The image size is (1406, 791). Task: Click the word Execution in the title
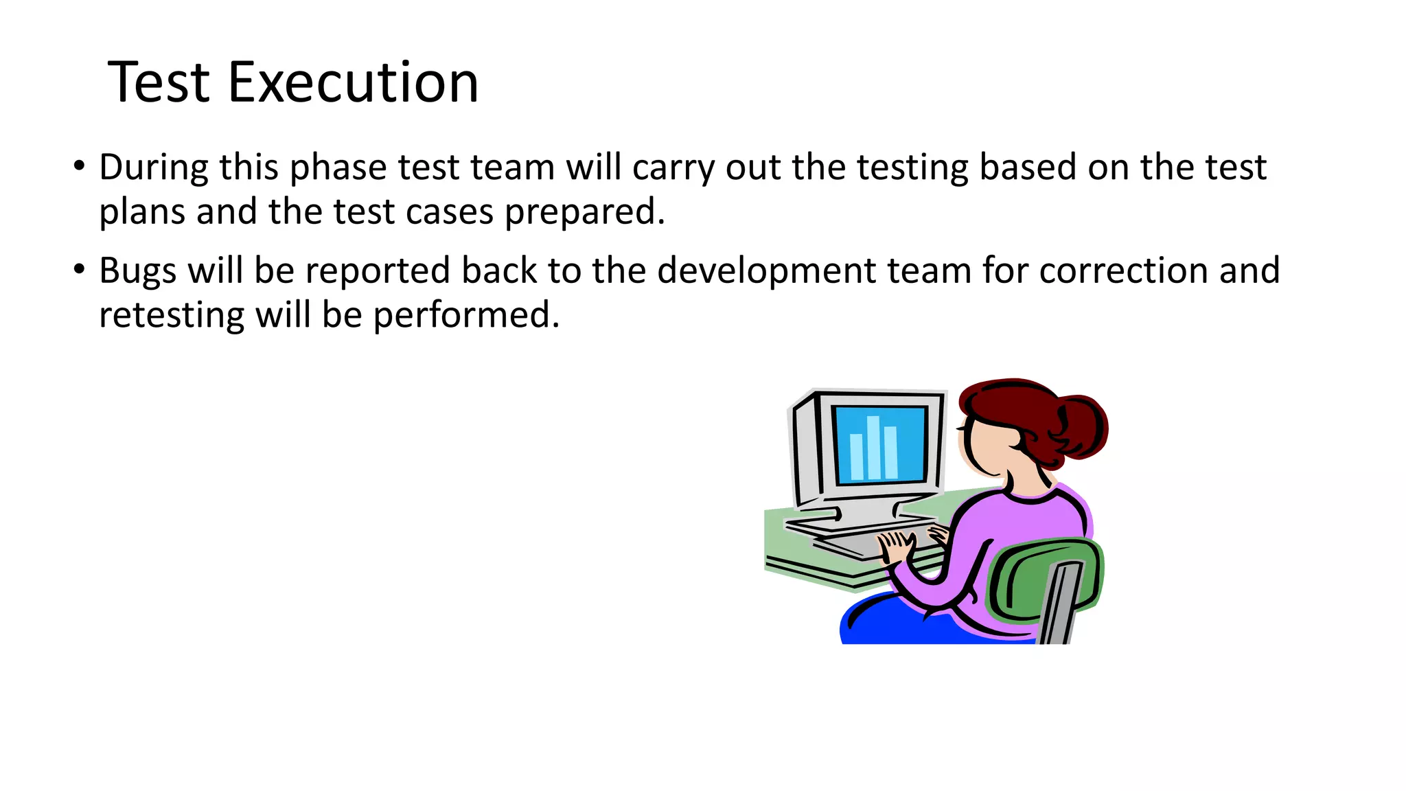click(x=353, y=82)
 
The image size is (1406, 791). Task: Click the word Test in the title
click(x=159, y=82)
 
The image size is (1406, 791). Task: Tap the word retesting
click(x=172, y=316)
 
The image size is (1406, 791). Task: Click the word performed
click(x=465, y=316)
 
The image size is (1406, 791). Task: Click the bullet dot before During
click(x=80, y=166)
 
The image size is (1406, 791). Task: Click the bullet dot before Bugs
click(x=80, y=269)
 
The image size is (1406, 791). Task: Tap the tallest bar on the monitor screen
click(x=873, y=448)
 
